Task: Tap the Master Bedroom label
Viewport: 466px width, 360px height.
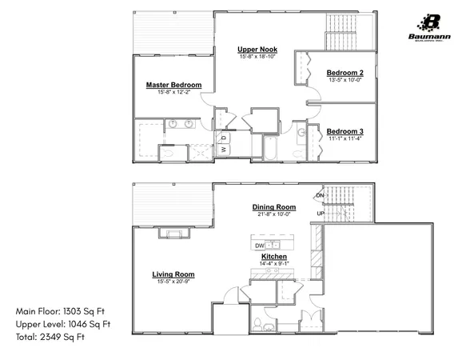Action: [x=173, y=85]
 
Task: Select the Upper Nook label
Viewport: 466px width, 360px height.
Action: [x=256, y=50]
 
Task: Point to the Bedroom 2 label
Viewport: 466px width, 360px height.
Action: [x=345, y=73]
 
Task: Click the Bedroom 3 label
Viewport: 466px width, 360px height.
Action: [x=345, y=131]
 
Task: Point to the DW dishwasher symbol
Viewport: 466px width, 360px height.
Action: [x=259, y=245]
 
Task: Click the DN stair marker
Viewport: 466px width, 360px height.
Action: [x=320, y=195]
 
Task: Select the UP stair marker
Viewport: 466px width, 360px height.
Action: [x=321, y=214]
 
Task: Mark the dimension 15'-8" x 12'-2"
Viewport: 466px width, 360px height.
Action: [x=173, y=93]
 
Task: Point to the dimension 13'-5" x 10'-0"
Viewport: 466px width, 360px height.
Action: [x=345, y=80]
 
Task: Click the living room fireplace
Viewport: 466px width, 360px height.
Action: [x=170, y=233]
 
